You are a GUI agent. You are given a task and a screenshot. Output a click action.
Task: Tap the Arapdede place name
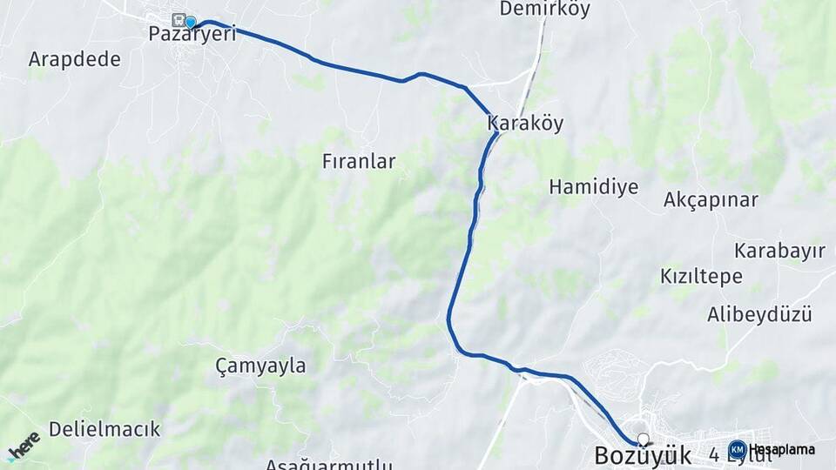click(74, 59)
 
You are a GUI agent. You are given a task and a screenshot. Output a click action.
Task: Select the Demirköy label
click(545, 10)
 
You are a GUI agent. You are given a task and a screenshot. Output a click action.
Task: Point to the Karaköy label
click(525, 124)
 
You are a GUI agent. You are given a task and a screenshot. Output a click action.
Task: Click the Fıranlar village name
click(359, 161)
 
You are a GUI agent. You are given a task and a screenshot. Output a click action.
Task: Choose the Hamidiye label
click(594, 186)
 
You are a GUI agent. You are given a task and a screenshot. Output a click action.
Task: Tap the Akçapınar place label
click(711, 200)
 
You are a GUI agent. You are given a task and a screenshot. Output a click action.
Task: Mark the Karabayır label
click(779, 251)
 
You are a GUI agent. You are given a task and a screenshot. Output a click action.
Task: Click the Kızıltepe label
click(701, 277)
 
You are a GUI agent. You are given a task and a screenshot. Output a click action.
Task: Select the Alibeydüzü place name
click(759, 313)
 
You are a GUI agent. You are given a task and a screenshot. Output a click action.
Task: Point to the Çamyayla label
click(260, 366)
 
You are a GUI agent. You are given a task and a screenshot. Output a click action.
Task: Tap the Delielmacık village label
click(104, 428)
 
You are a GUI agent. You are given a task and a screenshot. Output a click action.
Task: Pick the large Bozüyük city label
click(643, 455)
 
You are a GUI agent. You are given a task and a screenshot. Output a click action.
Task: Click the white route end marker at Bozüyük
click(644, 439)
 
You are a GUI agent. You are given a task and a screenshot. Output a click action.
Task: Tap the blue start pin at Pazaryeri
click(191, 22)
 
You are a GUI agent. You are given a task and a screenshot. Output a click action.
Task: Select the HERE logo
click(24, 446)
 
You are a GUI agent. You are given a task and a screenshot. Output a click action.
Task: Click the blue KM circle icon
click(737, 449)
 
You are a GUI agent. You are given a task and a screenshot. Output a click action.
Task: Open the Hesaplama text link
click(782, 449)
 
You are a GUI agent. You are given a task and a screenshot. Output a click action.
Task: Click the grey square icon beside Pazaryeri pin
click(179, 19)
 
